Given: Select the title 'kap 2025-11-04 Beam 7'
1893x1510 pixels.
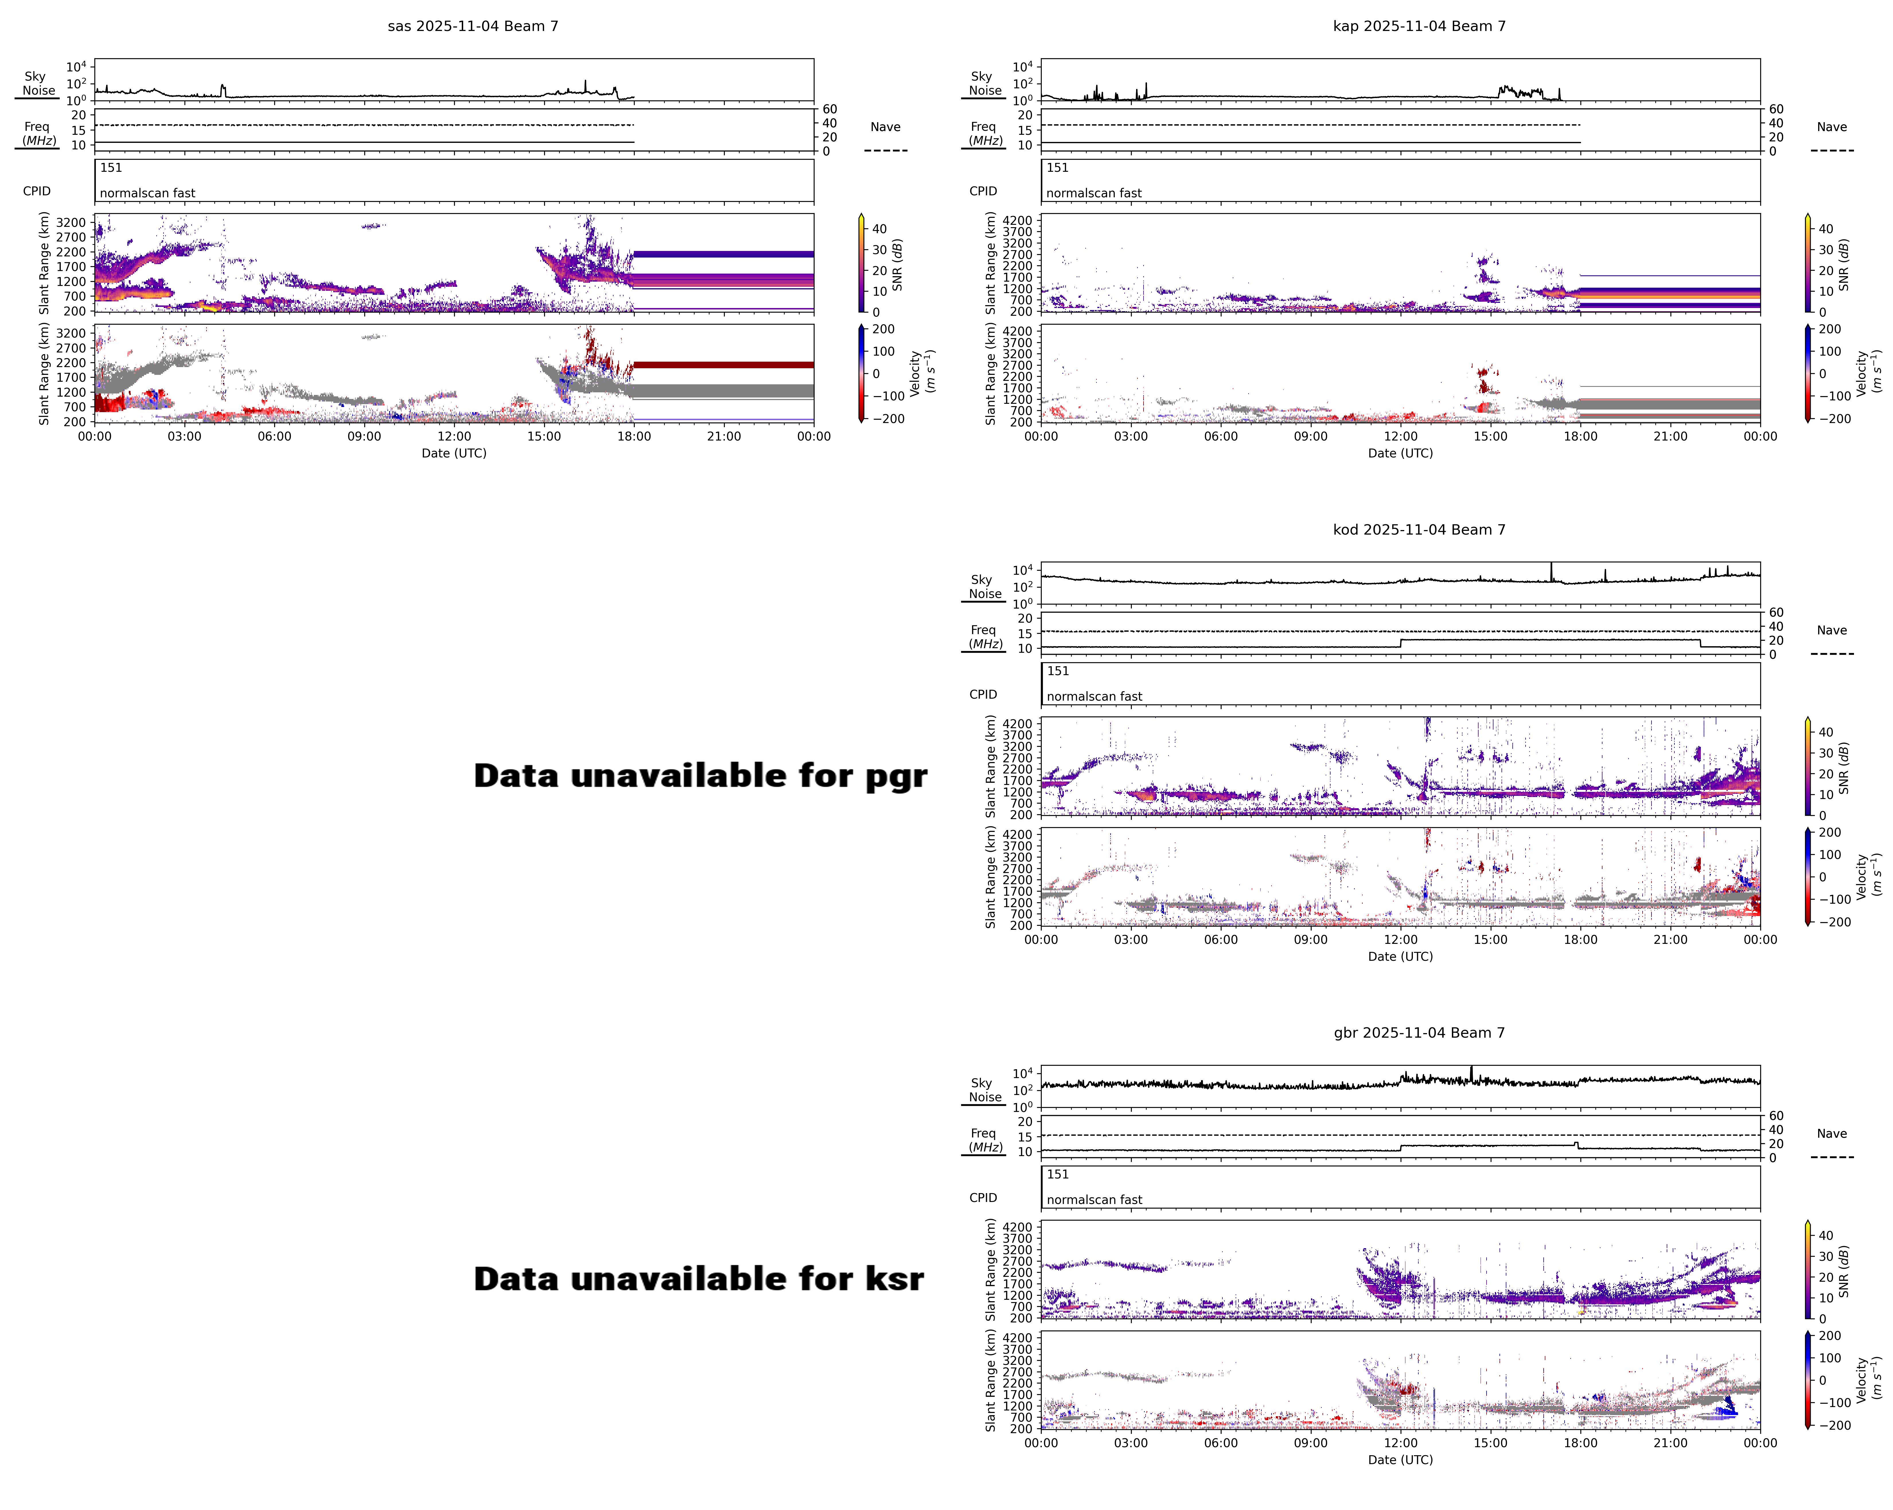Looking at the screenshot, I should tap(1419, 26).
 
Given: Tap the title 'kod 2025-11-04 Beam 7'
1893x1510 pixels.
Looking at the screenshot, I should tap(1419, 529).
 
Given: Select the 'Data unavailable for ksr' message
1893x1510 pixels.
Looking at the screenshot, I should tap(698, 1279).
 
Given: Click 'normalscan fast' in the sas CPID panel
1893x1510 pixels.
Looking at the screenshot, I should tap(147, 193).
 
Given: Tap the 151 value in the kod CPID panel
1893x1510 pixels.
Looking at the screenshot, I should tap(1058, 671).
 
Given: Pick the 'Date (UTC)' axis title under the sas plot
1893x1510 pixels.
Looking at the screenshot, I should tap(454, 453).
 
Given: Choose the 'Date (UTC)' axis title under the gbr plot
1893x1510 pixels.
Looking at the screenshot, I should tap(1401, 1460).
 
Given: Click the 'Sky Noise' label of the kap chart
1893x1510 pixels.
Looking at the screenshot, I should tap(984, 83).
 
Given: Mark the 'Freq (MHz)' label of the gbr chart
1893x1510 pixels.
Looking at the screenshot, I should tap(984, 1140).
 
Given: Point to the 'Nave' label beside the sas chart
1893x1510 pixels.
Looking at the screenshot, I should tap(885, 127).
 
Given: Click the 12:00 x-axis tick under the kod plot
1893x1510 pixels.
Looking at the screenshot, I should tap(1401, 939).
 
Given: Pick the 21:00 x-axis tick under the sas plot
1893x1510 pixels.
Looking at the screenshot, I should tap(723, 436).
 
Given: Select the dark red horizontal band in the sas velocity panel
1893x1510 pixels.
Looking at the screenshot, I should tap(723, 364).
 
